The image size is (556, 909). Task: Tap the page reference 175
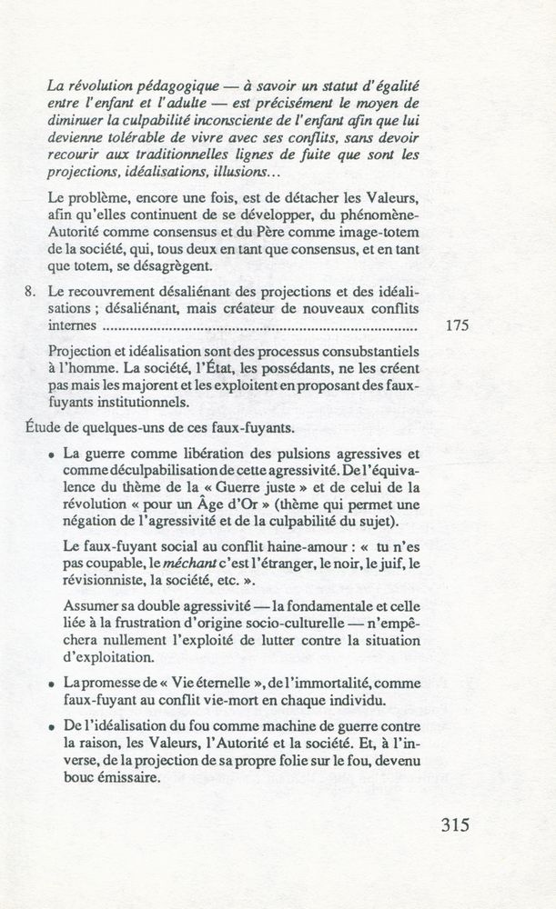[x=458, y=327]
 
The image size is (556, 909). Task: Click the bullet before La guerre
[x=55, y=454]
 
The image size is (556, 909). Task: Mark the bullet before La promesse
[x=55, y=682]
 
